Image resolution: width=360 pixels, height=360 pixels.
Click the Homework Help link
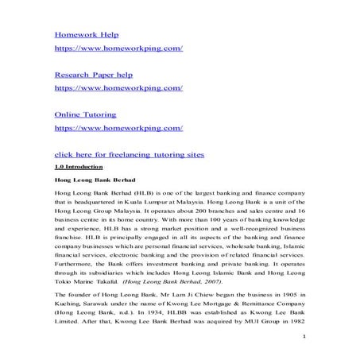[x=85, y=36]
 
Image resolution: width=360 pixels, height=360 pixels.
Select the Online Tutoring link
[x=85, y=114]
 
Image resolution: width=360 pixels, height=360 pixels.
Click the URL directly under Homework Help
[x=118, y=48]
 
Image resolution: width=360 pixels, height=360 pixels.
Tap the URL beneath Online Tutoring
[x=118, y=126]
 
